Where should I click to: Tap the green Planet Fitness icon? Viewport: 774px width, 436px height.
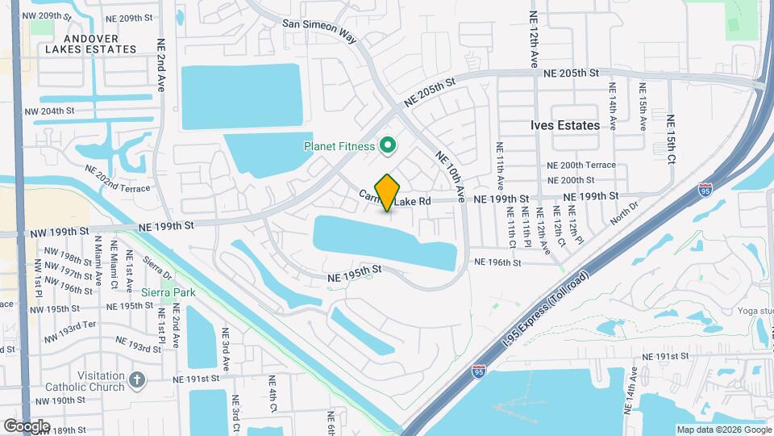point(387,146)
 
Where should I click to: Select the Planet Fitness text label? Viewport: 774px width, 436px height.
point(339,146)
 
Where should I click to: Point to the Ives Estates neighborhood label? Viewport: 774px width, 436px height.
point(565,125)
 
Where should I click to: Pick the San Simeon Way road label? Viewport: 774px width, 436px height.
point(318,24)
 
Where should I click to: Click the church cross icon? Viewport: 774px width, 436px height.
point(137,378)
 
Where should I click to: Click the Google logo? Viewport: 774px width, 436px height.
point(26,426)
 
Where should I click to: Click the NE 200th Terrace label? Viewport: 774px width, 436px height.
point(580,165)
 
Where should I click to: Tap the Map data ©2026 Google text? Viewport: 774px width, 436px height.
point(723,430)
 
